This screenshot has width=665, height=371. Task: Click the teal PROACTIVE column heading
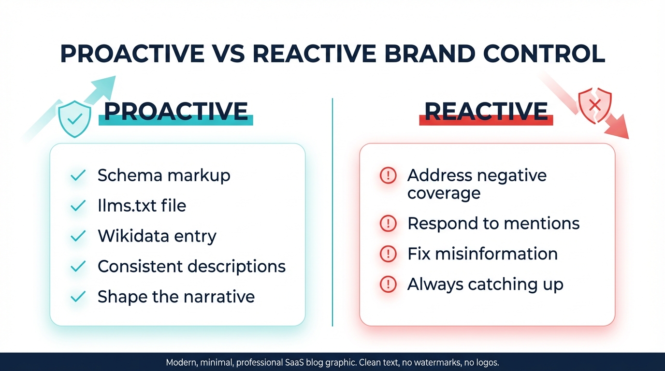(176, 112)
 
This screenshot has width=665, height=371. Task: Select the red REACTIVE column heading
(486, 112)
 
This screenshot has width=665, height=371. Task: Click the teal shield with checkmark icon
(74, 119)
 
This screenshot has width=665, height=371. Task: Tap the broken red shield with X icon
(595, 106)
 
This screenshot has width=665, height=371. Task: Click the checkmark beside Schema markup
(78, 175)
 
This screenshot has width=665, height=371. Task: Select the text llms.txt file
(142, 206)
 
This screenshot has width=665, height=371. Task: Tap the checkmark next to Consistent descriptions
(78, 266)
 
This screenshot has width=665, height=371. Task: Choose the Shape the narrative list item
(176, 297)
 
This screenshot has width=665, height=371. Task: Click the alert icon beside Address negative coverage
(388, 176)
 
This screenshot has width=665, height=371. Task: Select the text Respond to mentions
(493, 223)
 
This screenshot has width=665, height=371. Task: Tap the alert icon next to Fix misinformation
(388, 254)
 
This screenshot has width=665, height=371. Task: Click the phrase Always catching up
(485, 285)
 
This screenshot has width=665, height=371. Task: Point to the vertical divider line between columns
(332, 213)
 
